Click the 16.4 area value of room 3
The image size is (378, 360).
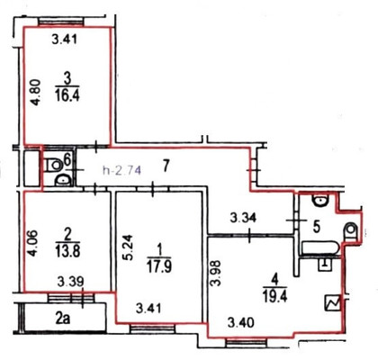tap(67, 96)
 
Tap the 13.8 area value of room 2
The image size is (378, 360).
tap(67, 251)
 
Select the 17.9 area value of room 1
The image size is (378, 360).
tap(159, 265)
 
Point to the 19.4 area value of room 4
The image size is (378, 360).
tap(275, 296)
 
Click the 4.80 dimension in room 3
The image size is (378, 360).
tap(36, 93)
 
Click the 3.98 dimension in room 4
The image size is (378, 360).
tap(216, 274)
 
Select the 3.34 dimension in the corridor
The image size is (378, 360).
tap(243, 218)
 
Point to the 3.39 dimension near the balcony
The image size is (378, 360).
tap(70, 283)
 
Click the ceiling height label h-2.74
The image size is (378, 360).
tap(121, 170)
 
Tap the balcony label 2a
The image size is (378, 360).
tap(63, 319)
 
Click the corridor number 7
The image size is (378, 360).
tap(166, 166)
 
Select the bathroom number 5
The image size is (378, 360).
tap(316, 228)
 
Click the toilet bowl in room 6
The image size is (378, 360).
tap(53, 165)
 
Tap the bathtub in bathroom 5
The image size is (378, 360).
tap(320, 248)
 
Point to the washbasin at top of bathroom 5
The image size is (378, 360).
tap(320, 200)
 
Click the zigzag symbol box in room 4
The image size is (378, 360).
tap(334, 303)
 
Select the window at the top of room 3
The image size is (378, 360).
tap(60, 22)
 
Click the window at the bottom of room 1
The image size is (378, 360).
tap(152, 328)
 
